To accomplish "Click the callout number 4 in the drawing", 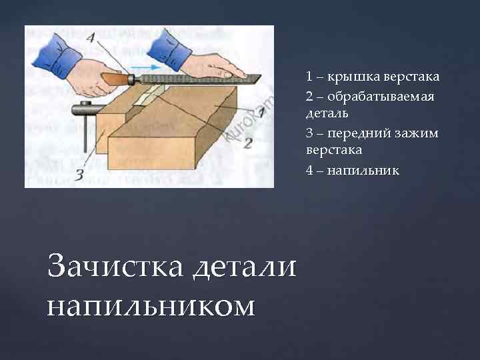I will [x=91, y=37].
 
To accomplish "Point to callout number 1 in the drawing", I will [x=262, y=113].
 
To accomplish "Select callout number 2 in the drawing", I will [x=247, y=143].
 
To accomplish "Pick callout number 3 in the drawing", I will [x=79, y=175].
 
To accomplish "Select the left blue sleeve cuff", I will [x=57, y=55].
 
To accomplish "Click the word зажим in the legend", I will [x=417, y=134].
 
